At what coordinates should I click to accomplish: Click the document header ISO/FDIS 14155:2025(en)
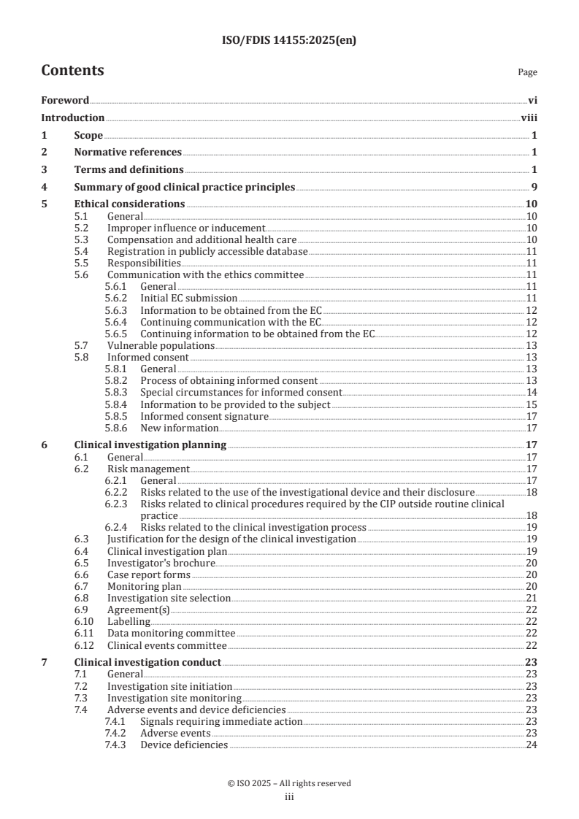[x=289, y=41]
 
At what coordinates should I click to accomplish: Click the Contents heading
[x=72, y=71]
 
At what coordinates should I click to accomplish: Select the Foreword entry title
[x=65, y=101]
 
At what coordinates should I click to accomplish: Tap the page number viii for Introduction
[x=530, y=118]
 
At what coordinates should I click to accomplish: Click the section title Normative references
[x=128, y=153]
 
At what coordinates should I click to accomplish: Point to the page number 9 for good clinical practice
[x=534, y=188]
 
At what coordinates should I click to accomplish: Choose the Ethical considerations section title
[x=129, y=204]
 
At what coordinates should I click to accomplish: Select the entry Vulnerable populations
[x=161, y=345]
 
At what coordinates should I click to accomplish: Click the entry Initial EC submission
[x=188, y=299]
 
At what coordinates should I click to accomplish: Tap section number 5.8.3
[x=118, y=392]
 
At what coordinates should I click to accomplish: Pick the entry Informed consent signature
[x=204, y=416]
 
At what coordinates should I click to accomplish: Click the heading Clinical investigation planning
[x=150, y=444]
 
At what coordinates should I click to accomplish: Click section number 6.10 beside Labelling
[x=85, y=621]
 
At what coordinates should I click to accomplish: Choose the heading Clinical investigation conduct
[x=147, y=663]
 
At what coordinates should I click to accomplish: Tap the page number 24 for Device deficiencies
[x=532, y=745]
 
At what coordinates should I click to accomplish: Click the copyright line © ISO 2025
[x=289, y=783]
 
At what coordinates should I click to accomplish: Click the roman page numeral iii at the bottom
[x=289, y=798]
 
